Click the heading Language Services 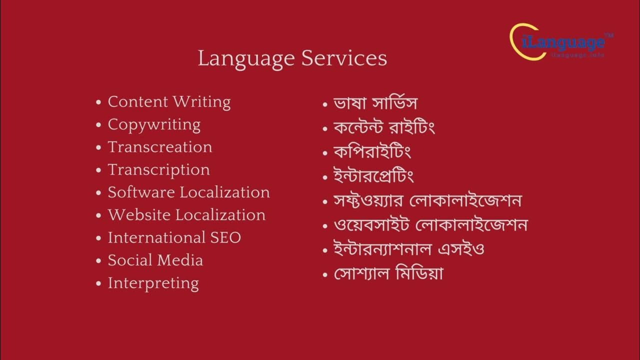[x=292, y=58]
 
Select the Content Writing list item [x=169, y=102]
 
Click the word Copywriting [x=154, y=124]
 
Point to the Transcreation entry [x=160, y=147]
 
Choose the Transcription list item [x=158, y=170]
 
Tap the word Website [x=139, y=215]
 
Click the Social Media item [x=155, y=260]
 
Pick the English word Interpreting [x=153, y=283]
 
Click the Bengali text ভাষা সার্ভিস [x=375, y=103]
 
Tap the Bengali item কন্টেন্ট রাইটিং [x=384, y=127]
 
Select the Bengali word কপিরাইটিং [x=372, y=151]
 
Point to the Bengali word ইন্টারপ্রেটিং [x=373, y=176]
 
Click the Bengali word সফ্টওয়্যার [x=368, y=200]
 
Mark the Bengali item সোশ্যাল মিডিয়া [x=388, y=273]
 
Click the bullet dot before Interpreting [x=98, y=284]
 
